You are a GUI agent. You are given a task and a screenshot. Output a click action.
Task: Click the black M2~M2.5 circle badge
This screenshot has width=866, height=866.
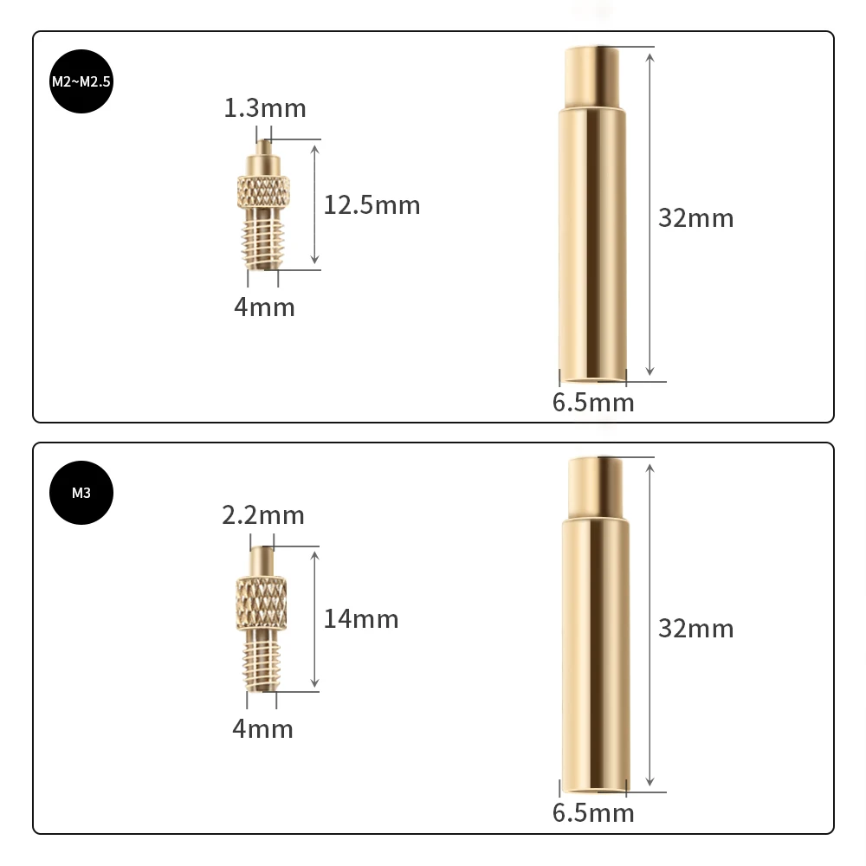[x=82, y=82]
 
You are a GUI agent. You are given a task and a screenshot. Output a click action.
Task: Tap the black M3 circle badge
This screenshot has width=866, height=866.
[x=81, y=493]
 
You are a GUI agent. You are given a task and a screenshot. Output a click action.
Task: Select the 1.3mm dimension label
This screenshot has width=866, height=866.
[x=265, y=108]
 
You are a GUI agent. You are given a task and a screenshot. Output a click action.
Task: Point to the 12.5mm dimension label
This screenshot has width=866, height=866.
[x=372, y=205]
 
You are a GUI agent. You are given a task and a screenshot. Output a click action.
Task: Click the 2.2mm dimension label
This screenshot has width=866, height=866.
[x=263, y=515]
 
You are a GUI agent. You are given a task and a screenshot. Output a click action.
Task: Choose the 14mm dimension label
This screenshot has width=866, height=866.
[x=361, y=618]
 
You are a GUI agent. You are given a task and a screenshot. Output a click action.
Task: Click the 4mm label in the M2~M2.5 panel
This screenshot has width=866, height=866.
[x=264, y=307]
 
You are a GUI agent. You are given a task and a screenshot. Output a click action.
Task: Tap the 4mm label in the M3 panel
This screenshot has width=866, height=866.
[x=262, y=728]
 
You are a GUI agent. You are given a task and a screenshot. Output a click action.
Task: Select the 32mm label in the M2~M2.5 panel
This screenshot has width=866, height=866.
[x=695, y=217]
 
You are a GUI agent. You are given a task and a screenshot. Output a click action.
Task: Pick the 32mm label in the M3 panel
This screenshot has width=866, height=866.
[x=695, y=628]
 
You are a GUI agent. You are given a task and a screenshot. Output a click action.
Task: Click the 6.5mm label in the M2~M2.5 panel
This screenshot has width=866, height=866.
[x=593, y=403]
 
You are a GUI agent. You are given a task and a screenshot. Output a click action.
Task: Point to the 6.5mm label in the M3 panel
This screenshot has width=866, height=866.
[x=593, y=813]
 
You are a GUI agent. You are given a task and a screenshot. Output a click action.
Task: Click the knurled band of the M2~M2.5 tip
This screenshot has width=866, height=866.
[x=263, y=190]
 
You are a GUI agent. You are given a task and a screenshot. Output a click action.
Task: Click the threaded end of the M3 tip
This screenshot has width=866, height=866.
[x=261, y=662]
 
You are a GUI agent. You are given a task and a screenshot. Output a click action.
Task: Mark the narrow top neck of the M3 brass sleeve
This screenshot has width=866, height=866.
[x=594, y=489]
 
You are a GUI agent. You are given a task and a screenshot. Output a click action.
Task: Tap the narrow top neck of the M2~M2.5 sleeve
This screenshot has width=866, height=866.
[x=592, y=77]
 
